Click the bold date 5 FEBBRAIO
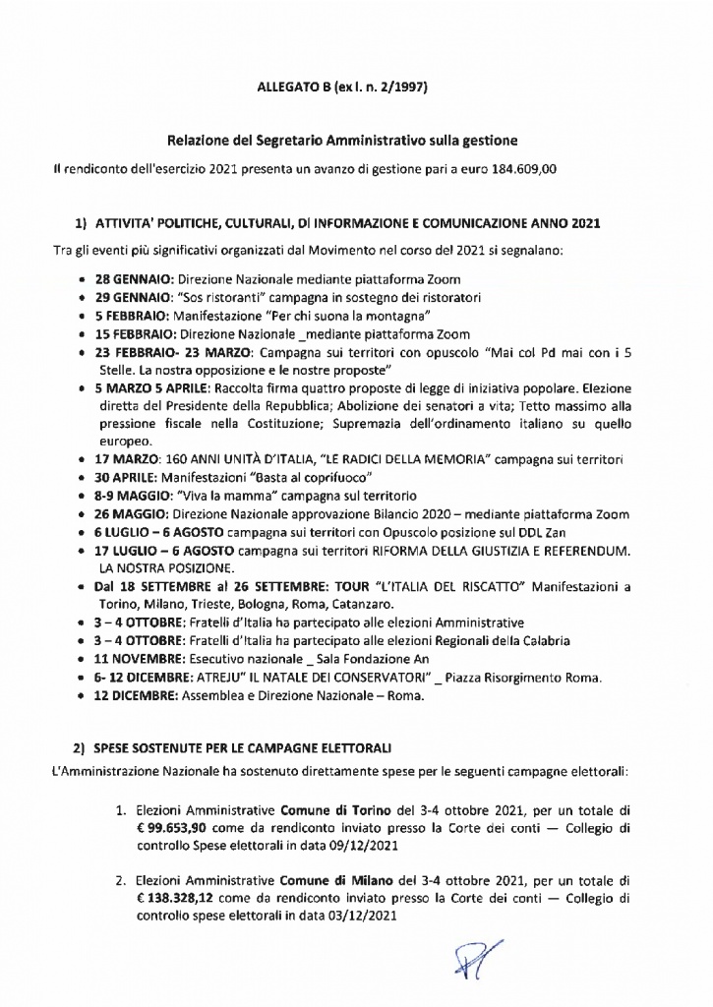pyautogui.click(x=133, y=316)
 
